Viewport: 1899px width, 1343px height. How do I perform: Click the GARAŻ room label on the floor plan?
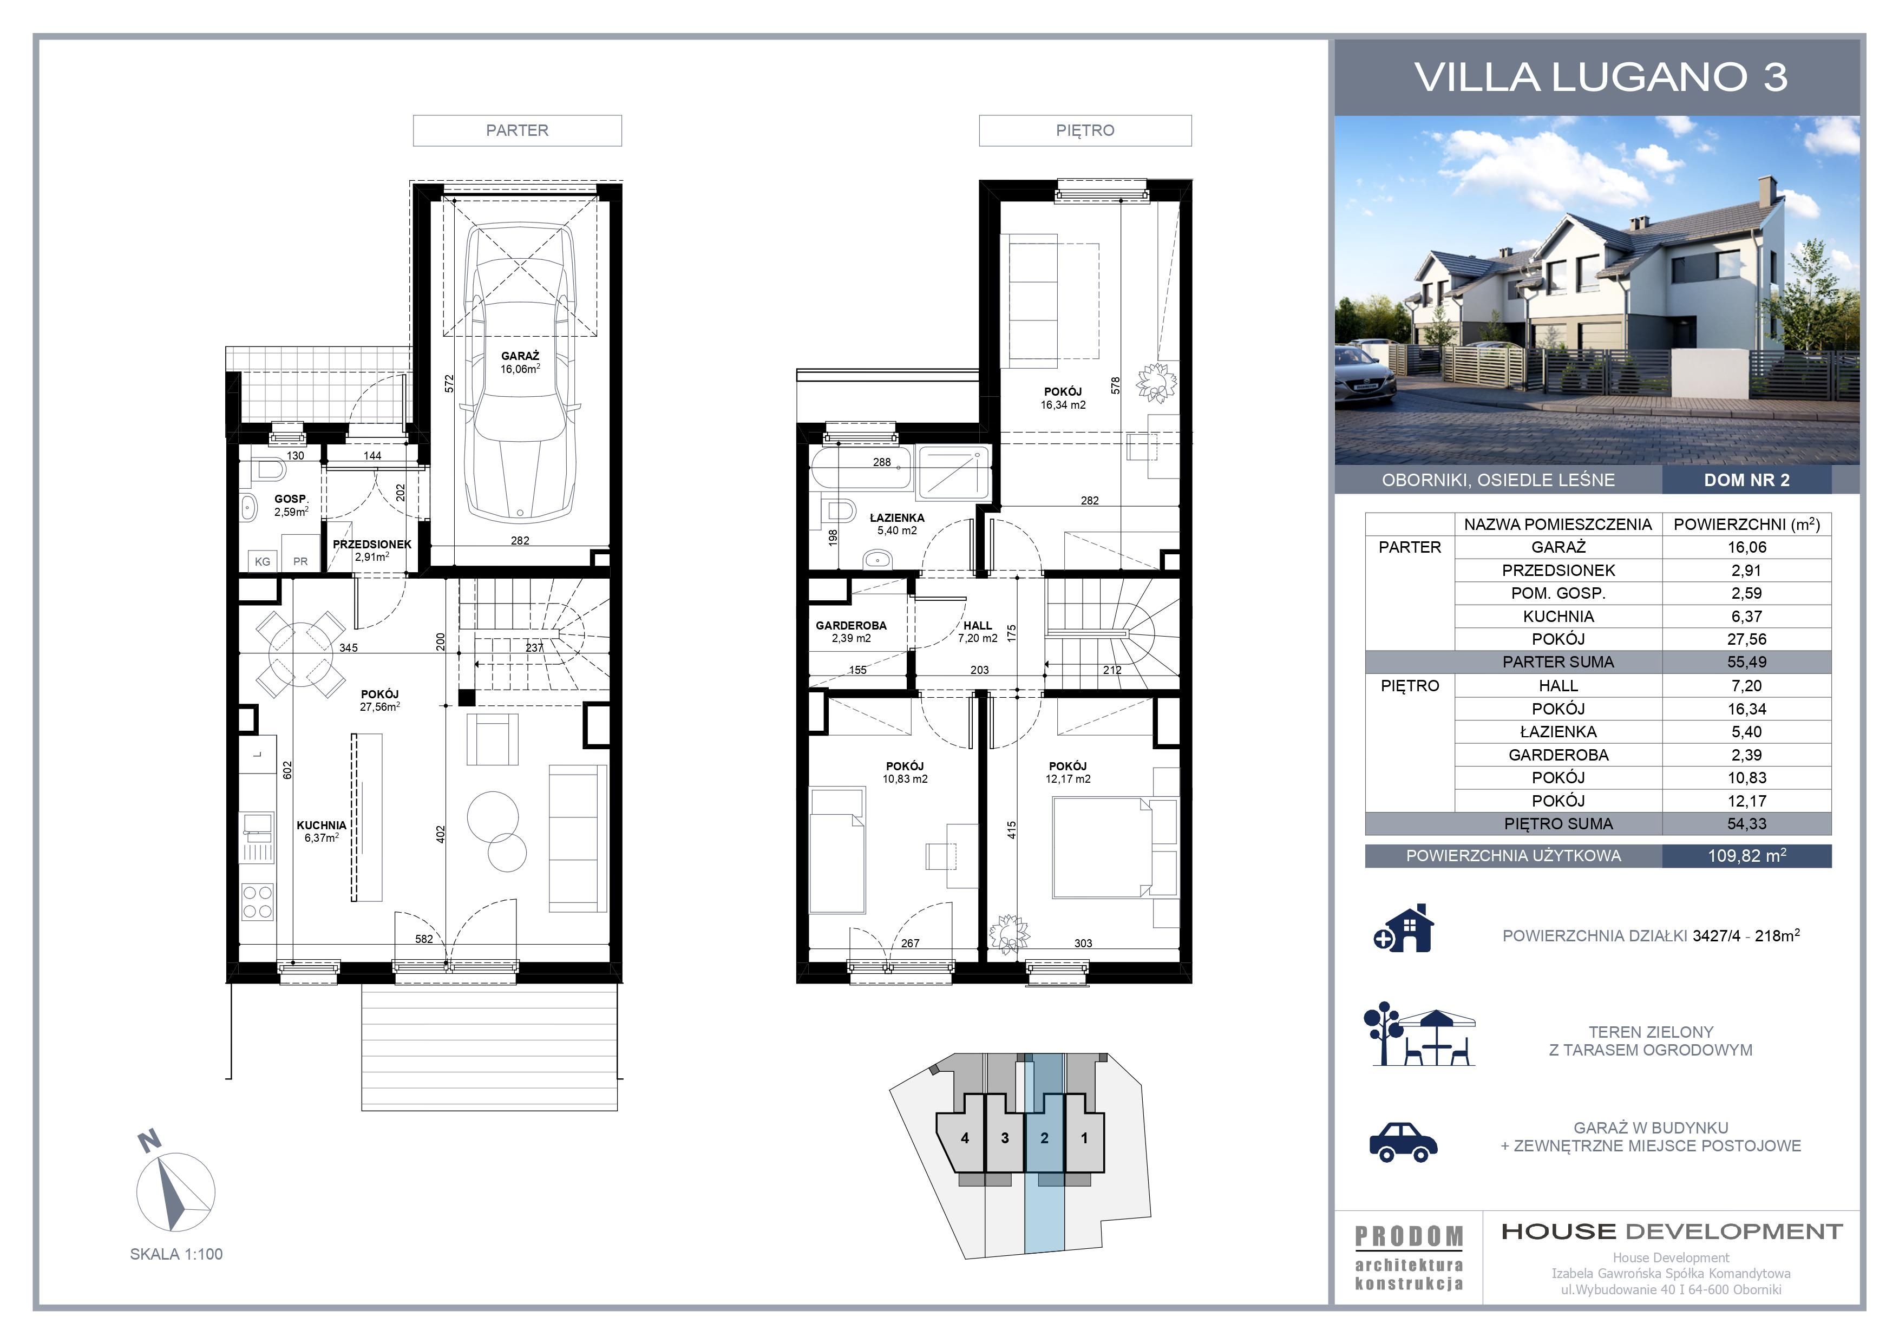[x=520, y=356]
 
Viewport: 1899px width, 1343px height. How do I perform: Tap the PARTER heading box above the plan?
[x=517, y=130]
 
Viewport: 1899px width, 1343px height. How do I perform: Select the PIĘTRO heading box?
[x=1085, y=130]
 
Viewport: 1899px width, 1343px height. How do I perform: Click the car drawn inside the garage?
[x=520, y=371]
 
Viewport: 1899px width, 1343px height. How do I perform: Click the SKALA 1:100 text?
[x=176, y=1254]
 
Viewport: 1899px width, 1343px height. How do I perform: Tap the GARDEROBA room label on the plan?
[x=851, y=626]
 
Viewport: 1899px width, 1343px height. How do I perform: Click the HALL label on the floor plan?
[x=978, y=626]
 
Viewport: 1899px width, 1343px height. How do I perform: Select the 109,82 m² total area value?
[x=1747, y=856]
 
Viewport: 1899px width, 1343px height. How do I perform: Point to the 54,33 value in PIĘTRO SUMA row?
[x=1747, y=824]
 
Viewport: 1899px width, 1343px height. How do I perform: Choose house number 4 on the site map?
[x=965, y=1138]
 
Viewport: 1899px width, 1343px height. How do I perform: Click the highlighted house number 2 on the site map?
[x=1045, y=1138]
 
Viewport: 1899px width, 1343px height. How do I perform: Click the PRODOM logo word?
[x=1409, y=1236]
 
